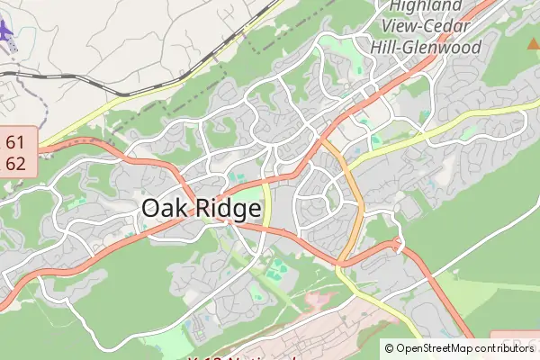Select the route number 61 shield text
pyautogui.click(x=15, y=142)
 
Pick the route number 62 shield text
pyautogui.click(x=15, y=163)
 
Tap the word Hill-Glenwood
pyautogui.click(x=426, y=47)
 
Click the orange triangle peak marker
pyautogui.click(x=532, y=42)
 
